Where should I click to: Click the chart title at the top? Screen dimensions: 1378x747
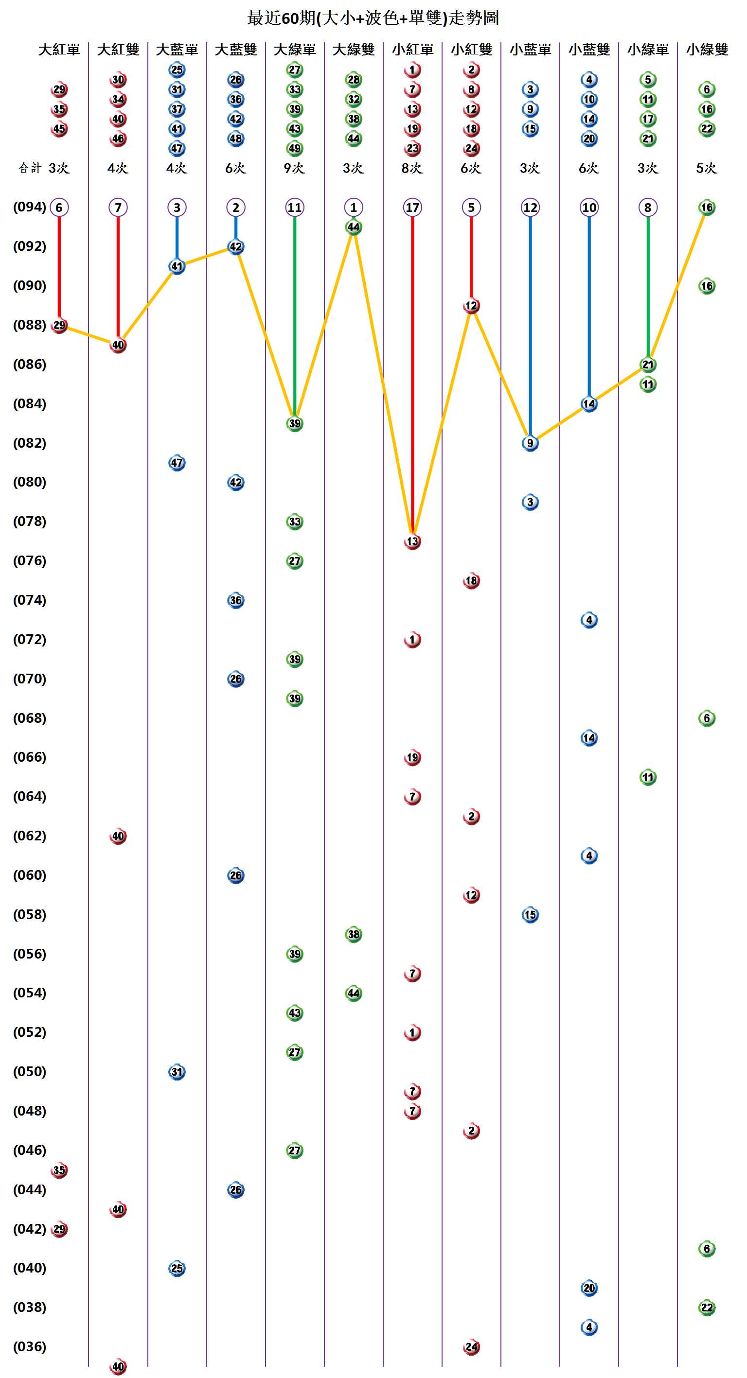(373, 18)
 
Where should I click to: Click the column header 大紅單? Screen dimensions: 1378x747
(59, 50)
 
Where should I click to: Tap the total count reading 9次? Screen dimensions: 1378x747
(294, 168)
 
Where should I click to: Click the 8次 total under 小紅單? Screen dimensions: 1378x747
(412, 168)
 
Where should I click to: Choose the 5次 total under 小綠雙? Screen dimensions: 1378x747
(706, 168)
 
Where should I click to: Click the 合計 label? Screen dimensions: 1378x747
(30, 168)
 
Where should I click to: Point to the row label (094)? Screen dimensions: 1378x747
(30, 207)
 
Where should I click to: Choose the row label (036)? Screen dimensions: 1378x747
(30, 1346)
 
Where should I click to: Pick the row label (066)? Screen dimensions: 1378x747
(30, 757)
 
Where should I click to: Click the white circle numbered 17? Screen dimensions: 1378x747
(412, 208)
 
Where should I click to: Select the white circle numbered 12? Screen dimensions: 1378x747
(530, 208)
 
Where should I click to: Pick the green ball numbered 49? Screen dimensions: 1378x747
(295, 148)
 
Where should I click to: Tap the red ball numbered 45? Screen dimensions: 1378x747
(59, 129)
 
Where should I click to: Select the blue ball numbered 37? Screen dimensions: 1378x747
(177, 109)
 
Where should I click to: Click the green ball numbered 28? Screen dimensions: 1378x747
(354, 80)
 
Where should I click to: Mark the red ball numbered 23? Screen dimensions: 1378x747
(412, 148)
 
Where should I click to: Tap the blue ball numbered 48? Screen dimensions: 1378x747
(236, 139)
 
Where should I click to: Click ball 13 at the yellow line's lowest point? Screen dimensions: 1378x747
(412, 541)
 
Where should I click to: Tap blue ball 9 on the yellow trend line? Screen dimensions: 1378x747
(530, 443)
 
